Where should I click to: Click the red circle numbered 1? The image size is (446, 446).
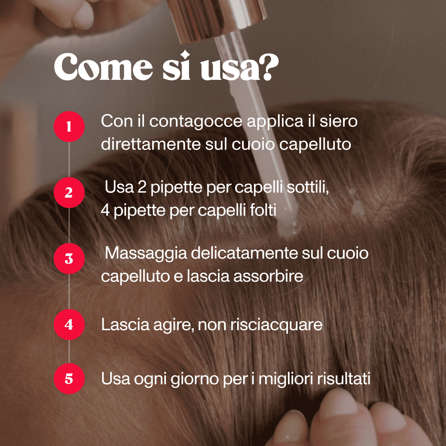click(x=69, y=127)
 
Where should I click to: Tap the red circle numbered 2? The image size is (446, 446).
click(x=69, y=192)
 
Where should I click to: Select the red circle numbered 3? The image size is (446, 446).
click(x=69, y=259)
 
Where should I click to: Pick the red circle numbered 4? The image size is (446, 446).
click(x=69, y=325)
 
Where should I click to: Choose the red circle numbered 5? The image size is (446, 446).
click(x=69, y=379)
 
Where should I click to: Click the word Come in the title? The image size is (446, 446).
click(x=103, y=68)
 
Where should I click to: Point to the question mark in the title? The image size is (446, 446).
click(x=269, y=68)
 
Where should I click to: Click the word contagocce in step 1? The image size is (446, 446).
click(x=196, y=121)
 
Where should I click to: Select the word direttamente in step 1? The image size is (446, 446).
click(x=151, y=144)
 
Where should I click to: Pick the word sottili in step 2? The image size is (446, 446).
click(x=308, y=187)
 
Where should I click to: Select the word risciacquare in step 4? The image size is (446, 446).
click(x=276, y=325)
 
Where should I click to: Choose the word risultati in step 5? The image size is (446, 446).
click(x=343, y=379)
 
